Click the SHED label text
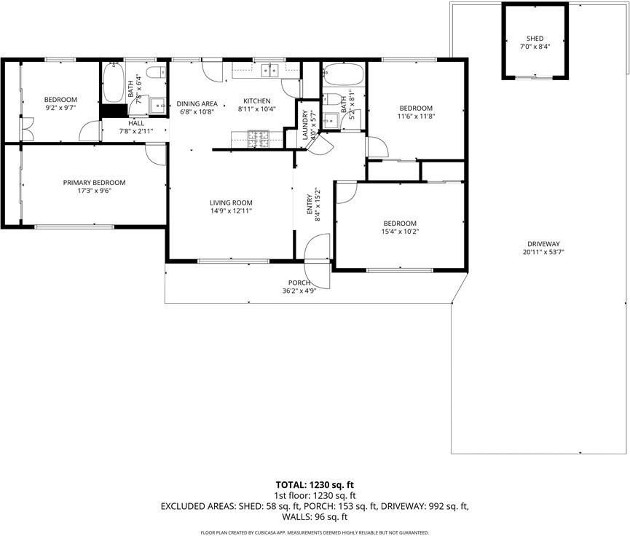point(535,39)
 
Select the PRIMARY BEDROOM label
point(94,183)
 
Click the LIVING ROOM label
point(231,202)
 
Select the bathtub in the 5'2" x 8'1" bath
point(343,76)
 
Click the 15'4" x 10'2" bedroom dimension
point(400,232)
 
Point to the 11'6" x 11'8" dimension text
point(415,117)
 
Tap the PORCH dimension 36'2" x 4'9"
point(299,291)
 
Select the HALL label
point(137,123)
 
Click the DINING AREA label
point(197,103)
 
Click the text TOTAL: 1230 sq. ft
point(315,484)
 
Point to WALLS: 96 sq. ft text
point(315,516)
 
